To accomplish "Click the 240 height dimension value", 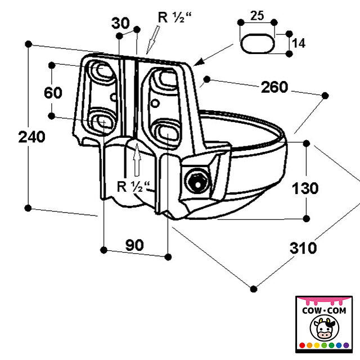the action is point(31,137).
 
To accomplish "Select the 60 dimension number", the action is point(53,93).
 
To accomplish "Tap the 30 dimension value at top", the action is point(120,23).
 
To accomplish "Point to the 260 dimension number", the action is point(274,87).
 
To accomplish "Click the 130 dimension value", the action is point(305,188).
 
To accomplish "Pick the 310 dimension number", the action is point(303,248).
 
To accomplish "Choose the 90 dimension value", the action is point(134,245).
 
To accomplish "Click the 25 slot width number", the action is point(257,16).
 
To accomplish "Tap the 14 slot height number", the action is point(299,43).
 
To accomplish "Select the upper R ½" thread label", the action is point(174,17).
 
